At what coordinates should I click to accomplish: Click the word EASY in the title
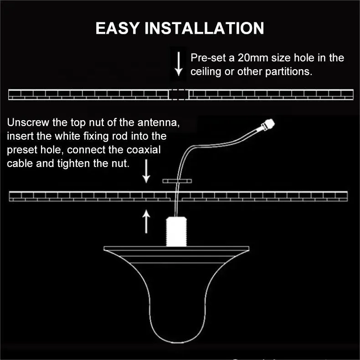pyautogui.click(x=117, y=28)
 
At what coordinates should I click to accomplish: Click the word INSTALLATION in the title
pyautogui.click(x=204, y=28)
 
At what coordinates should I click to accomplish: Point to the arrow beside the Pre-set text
pyautogui.click(x=179, y=64)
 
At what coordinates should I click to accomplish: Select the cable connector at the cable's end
pyautogui.click(x=268, y=124)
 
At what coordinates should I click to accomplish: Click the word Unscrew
pyautogui.click(x=28, y=122)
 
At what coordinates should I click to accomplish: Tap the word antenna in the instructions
pyautogui.click(x=159, y=122)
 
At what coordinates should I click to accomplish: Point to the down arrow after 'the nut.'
pyautogui.click(x=146, y=171)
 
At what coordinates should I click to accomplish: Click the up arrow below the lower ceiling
pyautogui.click(x=146, y=222)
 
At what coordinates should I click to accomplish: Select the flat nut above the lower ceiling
pyautogui.click(x=177, y=181)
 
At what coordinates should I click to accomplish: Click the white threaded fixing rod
pyautogui.click(x=176, y=231)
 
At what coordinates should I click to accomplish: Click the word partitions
pyautogui.click(x=288, y=71)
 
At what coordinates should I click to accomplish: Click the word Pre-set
pyautogui.click(x=208, y=58)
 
